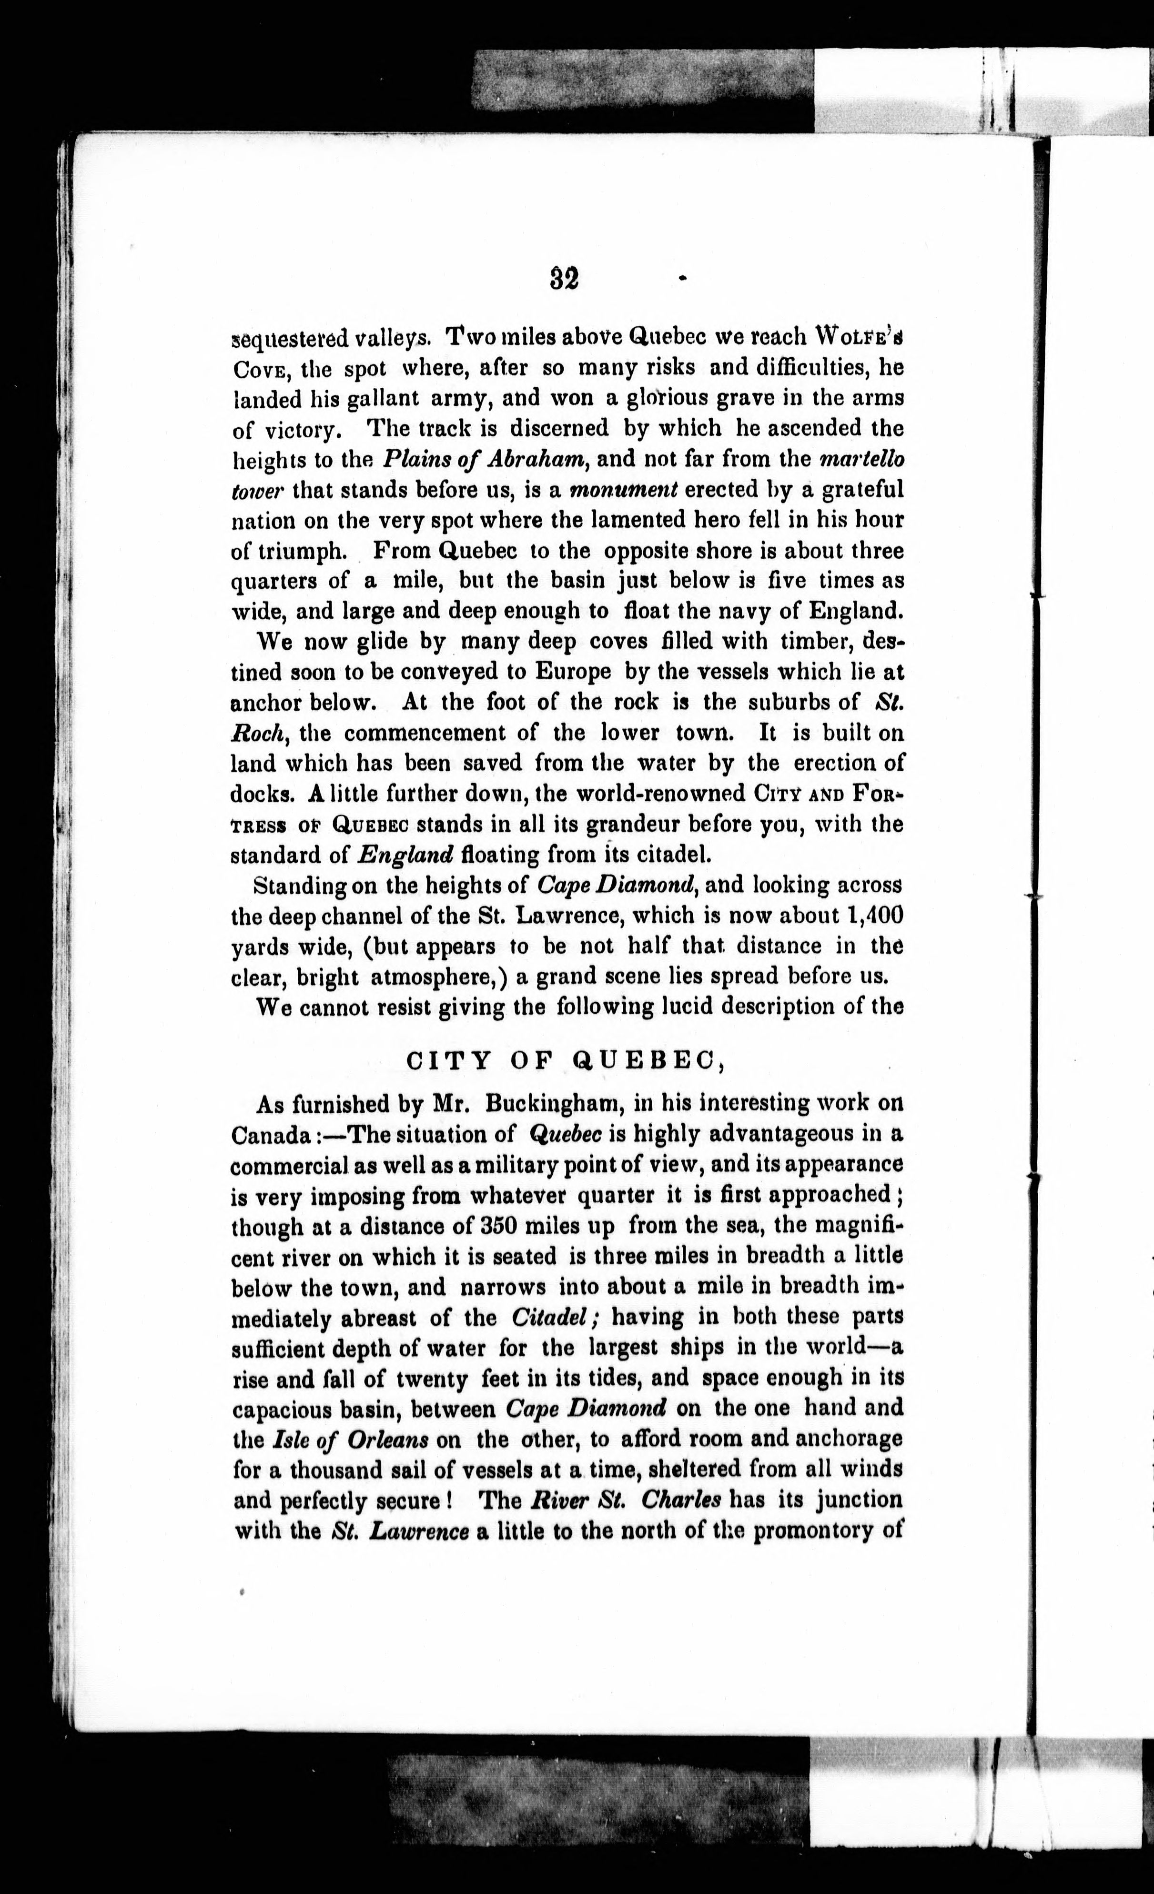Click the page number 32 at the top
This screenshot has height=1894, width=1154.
click(x=564, y=278)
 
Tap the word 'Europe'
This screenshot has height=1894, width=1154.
click(x=572, y=672)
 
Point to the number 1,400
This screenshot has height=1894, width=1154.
click(x=872, y=916)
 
